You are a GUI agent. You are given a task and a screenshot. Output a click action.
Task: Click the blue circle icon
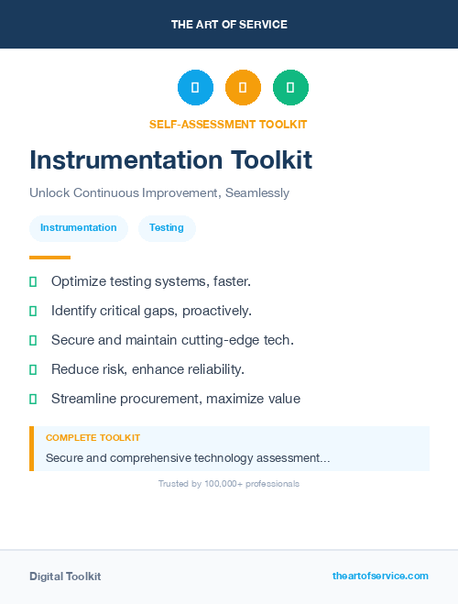[195, 87]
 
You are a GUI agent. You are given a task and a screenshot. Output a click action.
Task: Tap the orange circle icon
[243, 87]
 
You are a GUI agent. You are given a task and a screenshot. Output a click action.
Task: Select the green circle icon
[290, 87]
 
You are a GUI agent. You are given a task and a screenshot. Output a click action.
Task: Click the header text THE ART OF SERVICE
[229, 25]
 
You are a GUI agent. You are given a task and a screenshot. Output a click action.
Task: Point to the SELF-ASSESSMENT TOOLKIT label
[228, 125]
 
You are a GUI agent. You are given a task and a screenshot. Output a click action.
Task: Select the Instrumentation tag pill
[79, 228]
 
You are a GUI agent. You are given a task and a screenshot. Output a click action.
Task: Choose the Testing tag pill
[167, 228]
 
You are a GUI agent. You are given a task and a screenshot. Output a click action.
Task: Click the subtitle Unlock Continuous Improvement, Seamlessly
[159, 193]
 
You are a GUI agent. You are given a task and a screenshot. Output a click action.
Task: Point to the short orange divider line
[49, 258]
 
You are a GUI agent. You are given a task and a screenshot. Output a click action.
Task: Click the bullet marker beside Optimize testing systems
[33, 281]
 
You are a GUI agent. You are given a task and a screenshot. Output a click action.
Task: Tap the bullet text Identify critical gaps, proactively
[151, 311]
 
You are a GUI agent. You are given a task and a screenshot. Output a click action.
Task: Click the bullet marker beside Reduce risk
[33, 369]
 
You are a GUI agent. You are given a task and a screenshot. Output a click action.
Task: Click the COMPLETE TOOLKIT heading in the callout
[93, 438]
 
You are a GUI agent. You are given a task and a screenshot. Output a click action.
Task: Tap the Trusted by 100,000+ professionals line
[229, 484]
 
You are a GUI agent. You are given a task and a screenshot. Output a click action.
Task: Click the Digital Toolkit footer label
[65, 577]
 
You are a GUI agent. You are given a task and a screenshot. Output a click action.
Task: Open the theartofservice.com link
[380, 576]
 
